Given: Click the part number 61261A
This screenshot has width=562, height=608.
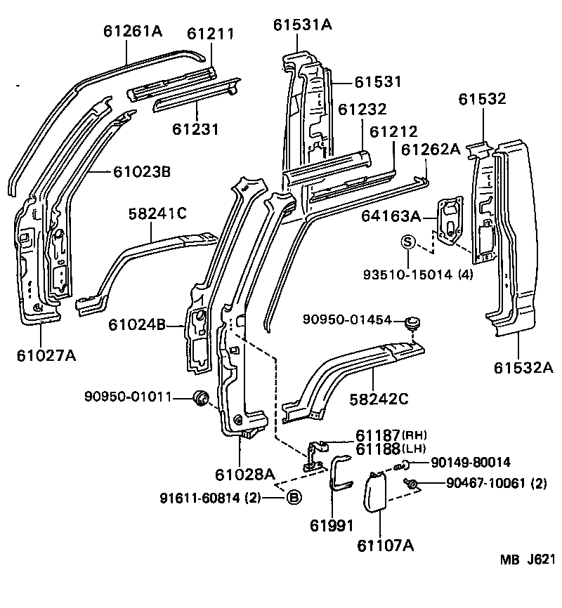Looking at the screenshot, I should pyautogui.click(x=133, y=31).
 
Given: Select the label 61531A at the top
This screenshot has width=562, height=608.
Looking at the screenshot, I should pyautogui.click(x=303, y=25).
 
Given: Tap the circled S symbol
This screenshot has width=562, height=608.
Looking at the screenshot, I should pyautogui.click(x=407, y=242).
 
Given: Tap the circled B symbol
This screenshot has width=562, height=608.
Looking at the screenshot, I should pyautogui.click(x=294, y=498).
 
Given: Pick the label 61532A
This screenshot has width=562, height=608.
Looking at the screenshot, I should pyautogui.click(x=523, y=367).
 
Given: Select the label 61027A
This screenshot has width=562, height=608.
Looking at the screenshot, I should pyautogui.click(x=46, y=355).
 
